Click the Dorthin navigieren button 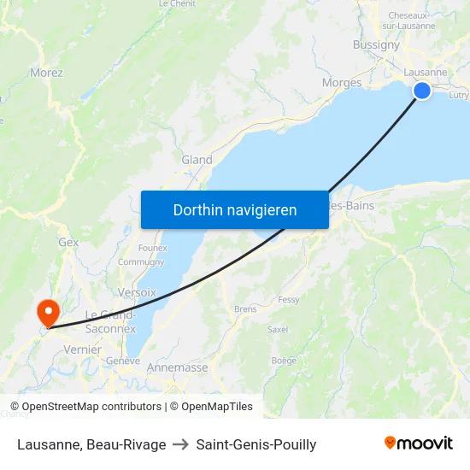[235, 209]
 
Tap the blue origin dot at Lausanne [422, 91]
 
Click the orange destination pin [46, 312]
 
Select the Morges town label [341, 83]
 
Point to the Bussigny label [376, 44]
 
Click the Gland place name [197, 160]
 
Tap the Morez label [46, 73]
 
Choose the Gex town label [68, 243]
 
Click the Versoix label [137, 292]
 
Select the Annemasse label [177, 367]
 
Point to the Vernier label [83, 350]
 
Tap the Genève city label [122, 361]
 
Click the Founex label [152, 249]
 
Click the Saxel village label [278, 329]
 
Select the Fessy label [289, 300]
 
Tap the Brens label [244, 308]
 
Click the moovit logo [419, 444]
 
